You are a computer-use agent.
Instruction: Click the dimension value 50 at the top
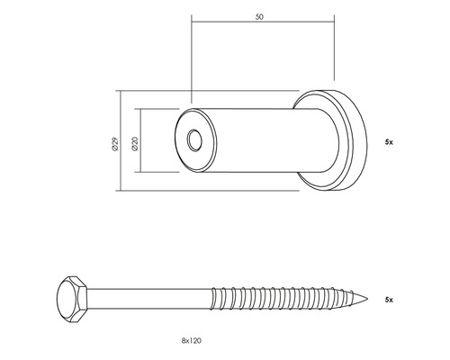coord(261,17)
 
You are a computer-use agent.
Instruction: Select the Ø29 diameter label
coord(111,141)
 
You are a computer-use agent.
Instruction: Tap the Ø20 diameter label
coord(134,141)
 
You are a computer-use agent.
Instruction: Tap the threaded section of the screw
coord(288,298)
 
